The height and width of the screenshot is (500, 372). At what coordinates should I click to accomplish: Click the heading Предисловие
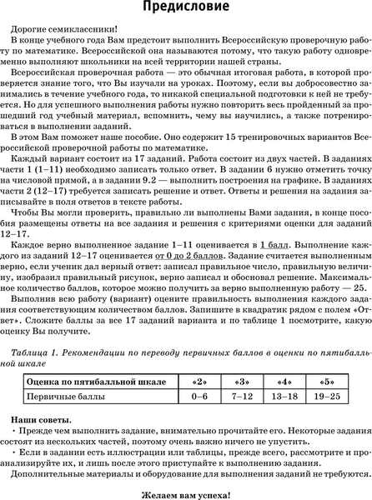[x=186, y=10]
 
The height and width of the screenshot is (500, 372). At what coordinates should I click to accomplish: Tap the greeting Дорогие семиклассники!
[x=70, y=29]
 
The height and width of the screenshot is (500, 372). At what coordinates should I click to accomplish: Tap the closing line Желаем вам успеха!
[x=186, y=492]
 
